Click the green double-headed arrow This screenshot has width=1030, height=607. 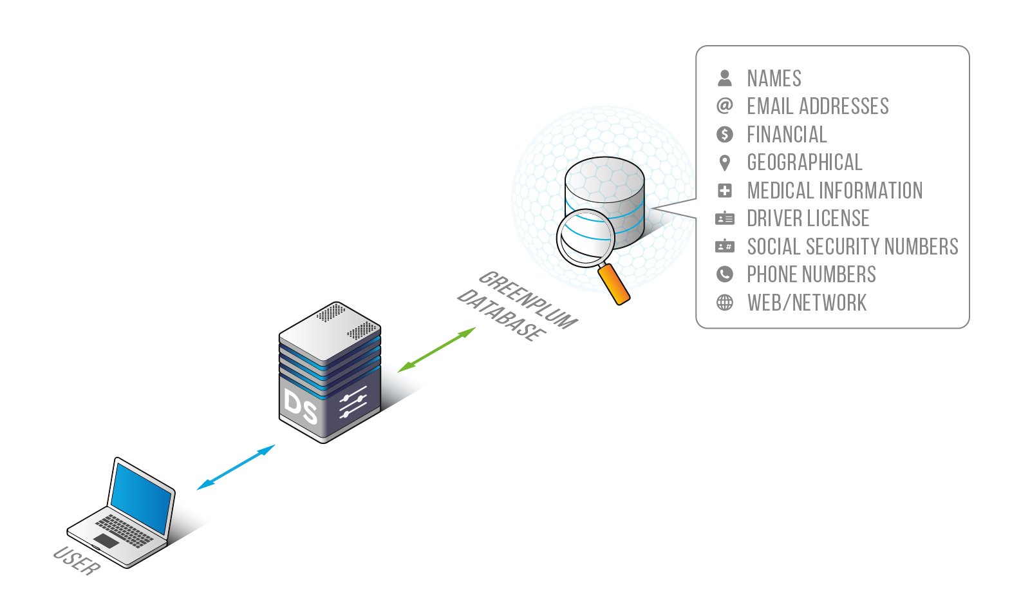point(436,350)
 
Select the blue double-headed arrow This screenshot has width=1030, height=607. point(236,467)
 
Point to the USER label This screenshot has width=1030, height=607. point(77,560)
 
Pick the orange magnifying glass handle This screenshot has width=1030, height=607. point(613,283)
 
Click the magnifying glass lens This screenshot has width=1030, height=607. point(585,237)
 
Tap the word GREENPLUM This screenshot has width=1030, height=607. point(527,299)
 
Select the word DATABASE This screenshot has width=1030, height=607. point(501,315)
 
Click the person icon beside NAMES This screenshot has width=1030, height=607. point(725,78)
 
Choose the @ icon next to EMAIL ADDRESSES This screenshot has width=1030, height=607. point(725,106)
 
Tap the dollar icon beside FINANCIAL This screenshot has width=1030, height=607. point(725,134)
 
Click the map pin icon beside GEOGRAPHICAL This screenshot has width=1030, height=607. point(725,162)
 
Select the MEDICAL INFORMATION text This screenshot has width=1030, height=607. point(835,191)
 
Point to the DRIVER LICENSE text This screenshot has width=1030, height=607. point(808,218)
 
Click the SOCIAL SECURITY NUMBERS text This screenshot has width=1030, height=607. point(852,247)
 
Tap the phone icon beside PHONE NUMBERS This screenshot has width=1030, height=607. point(725,275)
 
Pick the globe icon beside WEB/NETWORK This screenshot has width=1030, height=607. point(725,303)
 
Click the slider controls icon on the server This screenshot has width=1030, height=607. point(353,402)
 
